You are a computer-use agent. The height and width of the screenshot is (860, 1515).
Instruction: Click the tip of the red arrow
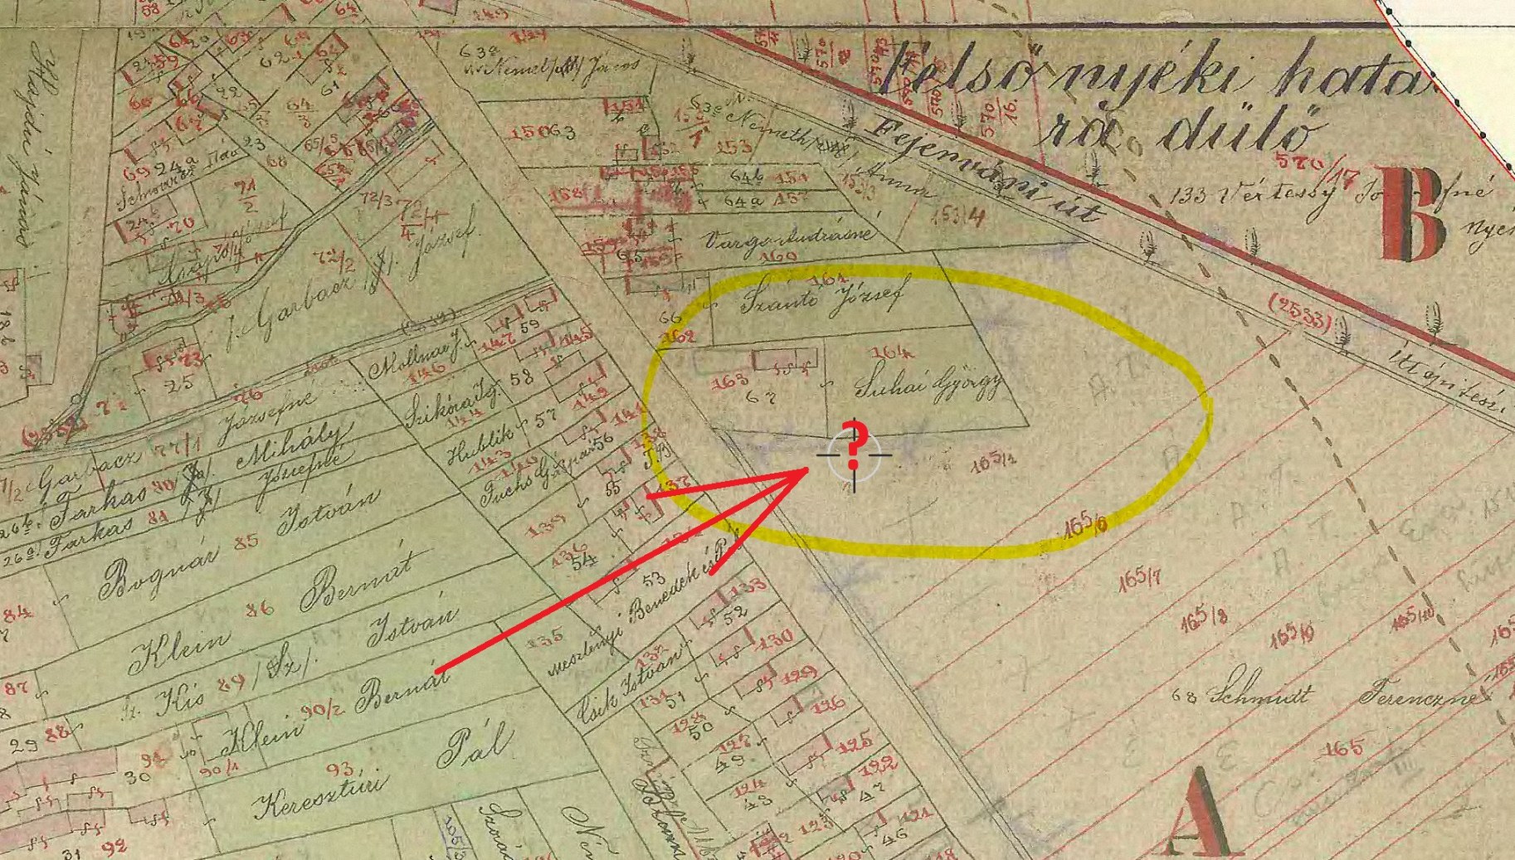808,470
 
